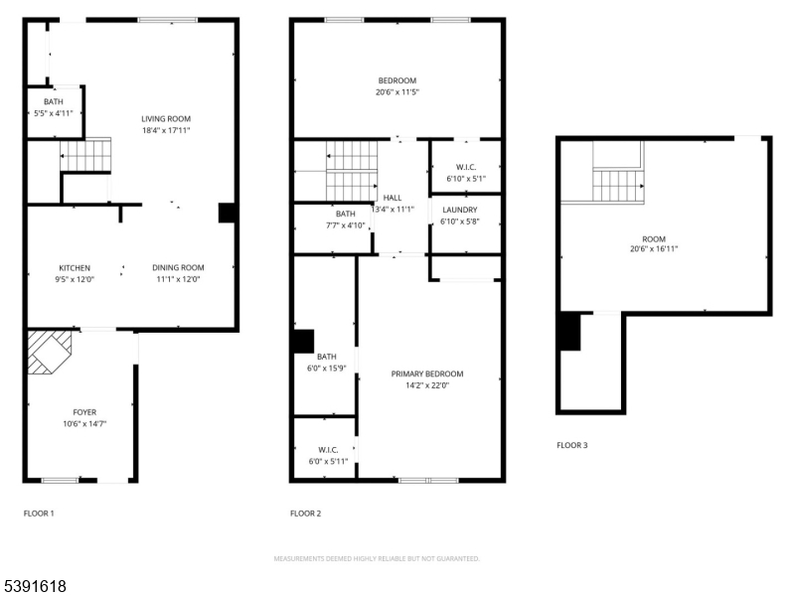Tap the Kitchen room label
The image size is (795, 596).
[75, 268]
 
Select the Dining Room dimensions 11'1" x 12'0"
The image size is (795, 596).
[178, 279]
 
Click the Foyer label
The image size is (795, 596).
[84, 412]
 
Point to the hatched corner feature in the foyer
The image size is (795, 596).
[49, 352]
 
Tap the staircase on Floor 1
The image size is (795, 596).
[83, 156]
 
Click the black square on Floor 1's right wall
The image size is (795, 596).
[227, 213]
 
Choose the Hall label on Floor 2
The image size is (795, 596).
[393, 198]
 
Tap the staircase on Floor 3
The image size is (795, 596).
[618, 185]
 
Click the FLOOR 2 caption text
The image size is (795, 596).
[305, 514]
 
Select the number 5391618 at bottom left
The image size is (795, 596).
[35, 586]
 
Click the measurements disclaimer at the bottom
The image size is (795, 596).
[377, 558]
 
